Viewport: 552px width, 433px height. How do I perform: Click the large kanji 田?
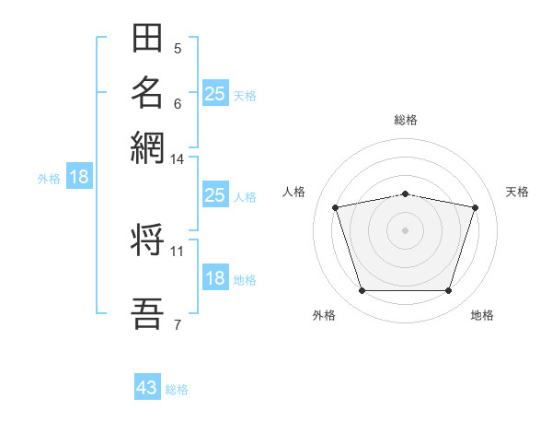(x=147, y=38)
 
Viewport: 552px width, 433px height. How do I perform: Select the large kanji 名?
(x=147, y=92)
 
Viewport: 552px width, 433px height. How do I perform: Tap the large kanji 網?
(x=147, y=147)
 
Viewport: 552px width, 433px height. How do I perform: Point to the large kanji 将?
(x=147, y=240)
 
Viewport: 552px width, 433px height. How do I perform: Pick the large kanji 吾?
(x=147, y=313)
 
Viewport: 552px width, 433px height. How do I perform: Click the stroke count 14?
(x=177, y=159)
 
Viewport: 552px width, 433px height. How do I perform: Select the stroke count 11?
(x=177, y=252)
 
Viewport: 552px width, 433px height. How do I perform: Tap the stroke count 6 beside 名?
(x=178, y=104)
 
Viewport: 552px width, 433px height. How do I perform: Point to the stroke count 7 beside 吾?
(x=178, y=324)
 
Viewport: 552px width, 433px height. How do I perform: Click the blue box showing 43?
(x=147, y=386)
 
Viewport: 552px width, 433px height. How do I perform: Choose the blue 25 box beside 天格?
(x=215, y=93)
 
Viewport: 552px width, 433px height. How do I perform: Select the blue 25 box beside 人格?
(x=215, y=194)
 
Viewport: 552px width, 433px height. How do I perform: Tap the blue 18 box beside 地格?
(x=215, y=276)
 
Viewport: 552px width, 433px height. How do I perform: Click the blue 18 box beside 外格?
(x=79, y=176)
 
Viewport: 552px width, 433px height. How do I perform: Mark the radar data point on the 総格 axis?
(x=406, y=194)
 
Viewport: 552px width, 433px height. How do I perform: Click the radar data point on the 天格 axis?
(x=476, y=207)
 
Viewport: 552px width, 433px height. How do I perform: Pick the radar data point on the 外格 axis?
(x=362, y=290)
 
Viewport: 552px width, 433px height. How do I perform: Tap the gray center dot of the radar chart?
(x=405, y=230)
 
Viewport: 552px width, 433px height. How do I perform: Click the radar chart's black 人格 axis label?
(x=293, y=192)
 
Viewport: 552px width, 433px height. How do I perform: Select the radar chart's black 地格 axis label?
(x=482, y=315)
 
